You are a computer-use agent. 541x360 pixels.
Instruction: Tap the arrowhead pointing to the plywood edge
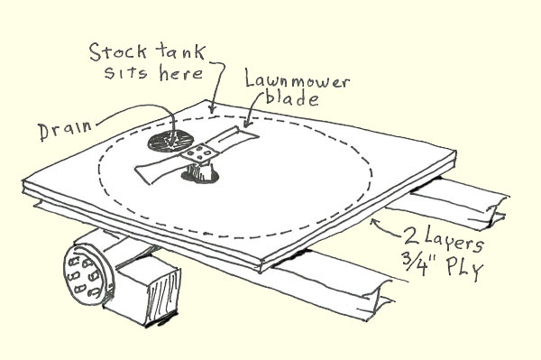coord(377,219)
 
